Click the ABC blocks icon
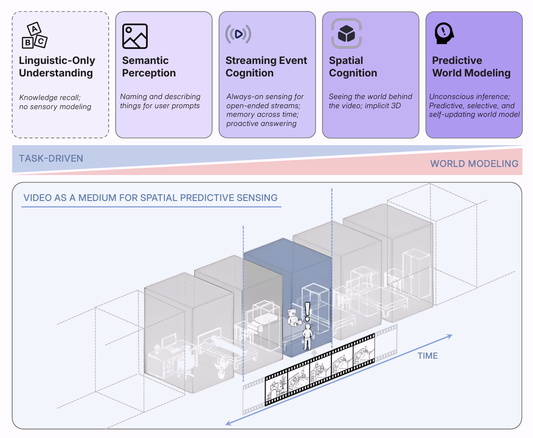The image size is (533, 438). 34,36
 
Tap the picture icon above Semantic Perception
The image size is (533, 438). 135,36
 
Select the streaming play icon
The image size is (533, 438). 238,34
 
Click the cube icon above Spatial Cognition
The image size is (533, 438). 346,33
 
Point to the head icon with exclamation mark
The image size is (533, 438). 444,33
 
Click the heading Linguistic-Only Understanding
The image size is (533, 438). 57,67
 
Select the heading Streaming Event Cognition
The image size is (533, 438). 266,67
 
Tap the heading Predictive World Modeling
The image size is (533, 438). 471,67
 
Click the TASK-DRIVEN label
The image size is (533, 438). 51,158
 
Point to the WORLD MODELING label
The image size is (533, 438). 474,164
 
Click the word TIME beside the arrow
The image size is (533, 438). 428,356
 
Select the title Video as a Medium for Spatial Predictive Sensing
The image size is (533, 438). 151,198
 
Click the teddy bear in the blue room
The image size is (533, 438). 292,317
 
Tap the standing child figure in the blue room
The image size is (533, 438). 307,337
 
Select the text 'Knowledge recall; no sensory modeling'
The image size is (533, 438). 55,102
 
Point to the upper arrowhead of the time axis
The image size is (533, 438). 449,337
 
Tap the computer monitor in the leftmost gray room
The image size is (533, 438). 169,341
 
